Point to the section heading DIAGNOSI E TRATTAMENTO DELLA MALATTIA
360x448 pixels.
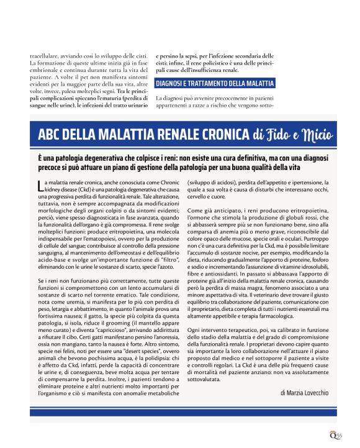click(215, 83)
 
